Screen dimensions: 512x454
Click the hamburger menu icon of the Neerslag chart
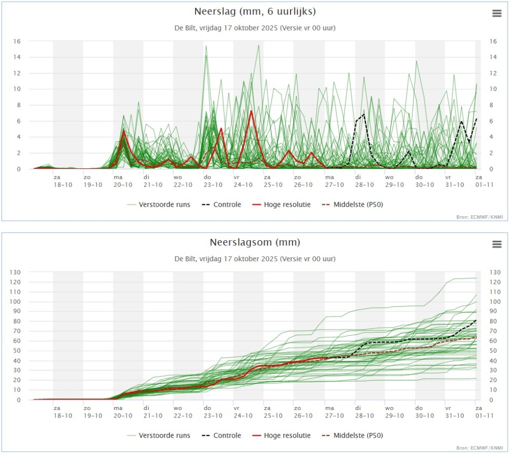coord(496,13)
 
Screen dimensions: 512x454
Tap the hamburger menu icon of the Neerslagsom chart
coord(496,244)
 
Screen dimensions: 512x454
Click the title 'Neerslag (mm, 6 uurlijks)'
coord(255,11)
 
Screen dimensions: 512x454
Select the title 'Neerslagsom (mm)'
coord(255,242)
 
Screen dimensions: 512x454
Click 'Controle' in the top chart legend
coord(227,204)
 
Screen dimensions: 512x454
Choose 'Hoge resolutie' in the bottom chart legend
coord(287,436)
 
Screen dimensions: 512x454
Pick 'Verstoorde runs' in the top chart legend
coord(164,204)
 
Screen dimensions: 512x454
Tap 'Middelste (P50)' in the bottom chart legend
coord(358,436)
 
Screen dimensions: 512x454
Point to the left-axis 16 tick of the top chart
coord(16,41)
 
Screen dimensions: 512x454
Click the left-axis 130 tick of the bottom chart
coord(15,272)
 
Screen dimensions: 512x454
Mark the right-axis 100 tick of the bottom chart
coord(495,302)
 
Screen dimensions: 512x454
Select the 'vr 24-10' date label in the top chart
coord(243,181)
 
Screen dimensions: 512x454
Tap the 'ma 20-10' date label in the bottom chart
coord(123,412)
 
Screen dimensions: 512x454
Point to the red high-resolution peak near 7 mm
coord(251,111)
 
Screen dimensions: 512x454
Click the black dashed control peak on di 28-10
coord(363,114)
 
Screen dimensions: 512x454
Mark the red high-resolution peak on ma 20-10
coord(123,131)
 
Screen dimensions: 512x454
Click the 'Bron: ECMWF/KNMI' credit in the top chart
coord(479,217)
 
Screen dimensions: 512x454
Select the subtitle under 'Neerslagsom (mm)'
coord(255,259)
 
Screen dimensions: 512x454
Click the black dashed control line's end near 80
coord(476,320)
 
